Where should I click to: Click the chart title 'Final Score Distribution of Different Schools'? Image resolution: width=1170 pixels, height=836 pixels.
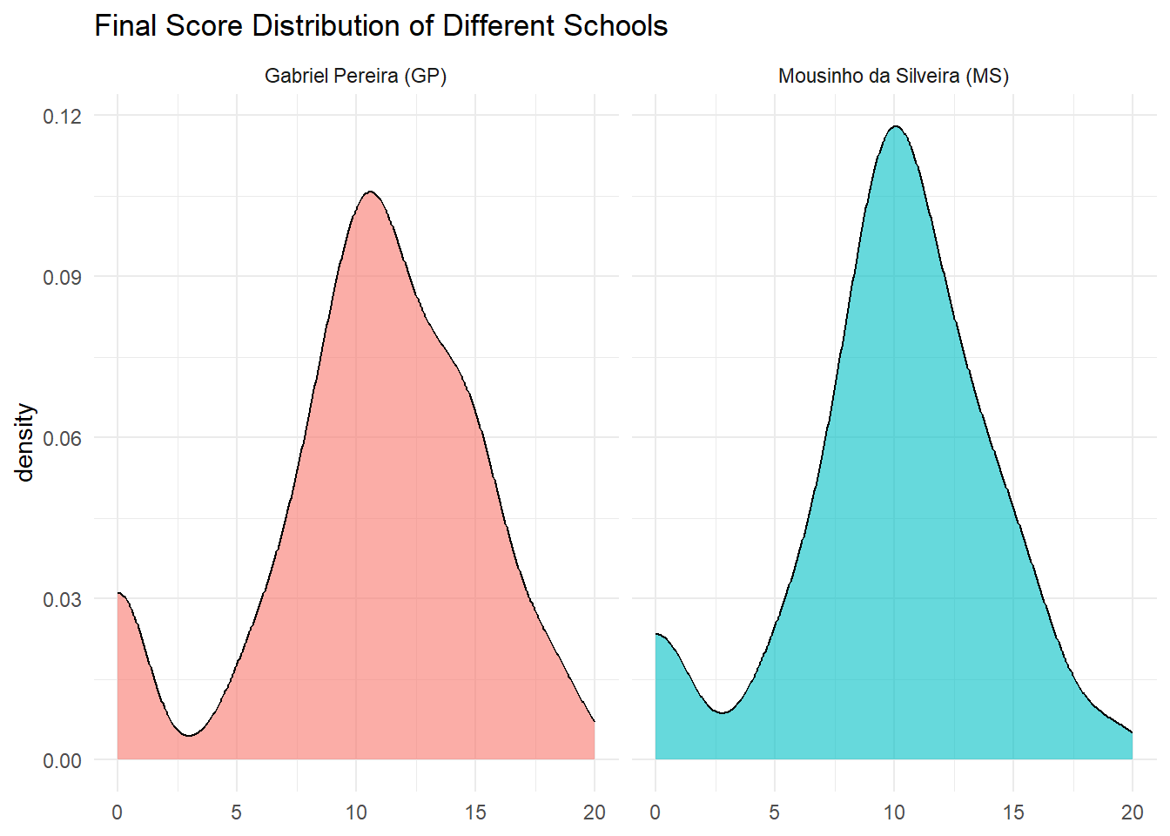380,26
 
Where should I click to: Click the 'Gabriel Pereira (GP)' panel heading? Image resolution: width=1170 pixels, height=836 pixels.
355,76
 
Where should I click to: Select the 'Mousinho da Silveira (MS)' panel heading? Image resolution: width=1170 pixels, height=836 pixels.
893,76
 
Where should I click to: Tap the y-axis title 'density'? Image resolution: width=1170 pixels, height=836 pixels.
24,442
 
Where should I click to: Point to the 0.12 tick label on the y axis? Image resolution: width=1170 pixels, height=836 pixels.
62,116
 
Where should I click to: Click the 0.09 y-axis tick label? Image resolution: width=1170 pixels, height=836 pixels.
62,277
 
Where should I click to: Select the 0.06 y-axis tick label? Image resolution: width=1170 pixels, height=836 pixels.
62,438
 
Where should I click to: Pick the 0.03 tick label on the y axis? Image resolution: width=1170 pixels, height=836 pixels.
62,599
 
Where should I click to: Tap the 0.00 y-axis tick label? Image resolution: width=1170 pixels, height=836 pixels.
62,760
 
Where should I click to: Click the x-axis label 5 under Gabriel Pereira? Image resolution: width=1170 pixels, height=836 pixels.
237,812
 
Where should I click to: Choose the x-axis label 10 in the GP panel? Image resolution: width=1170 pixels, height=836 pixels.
356,812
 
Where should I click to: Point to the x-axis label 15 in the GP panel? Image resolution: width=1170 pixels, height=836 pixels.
475,812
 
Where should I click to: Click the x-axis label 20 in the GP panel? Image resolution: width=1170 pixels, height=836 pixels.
595,812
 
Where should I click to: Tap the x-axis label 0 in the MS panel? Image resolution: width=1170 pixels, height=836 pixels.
656,812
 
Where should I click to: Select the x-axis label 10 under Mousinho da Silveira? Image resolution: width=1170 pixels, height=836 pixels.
894,812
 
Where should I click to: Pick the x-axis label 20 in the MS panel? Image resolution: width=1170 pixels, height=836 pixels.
1133,812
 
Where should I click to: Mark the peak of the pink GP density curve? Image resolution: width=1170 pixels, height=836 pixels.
370,192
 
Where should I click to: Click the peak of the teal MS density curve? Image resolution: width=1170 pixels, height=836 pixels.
895,126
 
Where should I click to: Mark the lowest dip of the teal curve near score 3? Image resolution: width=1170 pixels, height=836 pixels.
723,712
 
